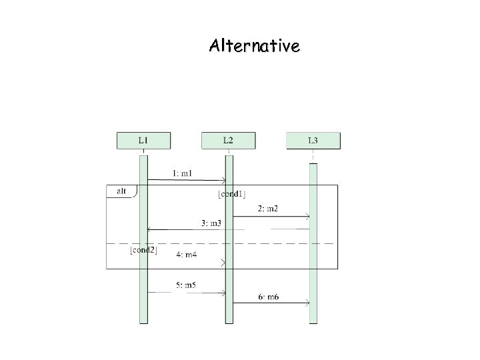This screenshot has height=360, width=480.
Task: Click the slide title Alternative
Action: point(254,46)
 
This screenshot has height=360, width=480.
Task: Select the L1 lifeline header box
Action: point(143,141)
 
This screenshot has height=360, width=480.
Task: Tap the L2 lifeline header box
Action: point(228,141)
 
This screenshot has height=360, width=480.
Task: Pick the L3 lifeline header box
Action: point(313,141)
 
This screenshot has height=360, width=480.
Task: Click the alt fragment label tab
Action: point(121,191)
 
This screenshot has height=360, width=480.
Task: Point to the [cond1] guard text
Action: point(231,194)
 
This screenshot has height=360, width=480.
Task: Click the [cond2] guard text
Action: point(143,250)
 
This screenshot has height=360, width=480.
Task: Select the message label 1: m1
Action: point(183,173)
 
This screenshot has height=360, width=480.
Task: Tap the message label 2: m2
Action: point(267,209)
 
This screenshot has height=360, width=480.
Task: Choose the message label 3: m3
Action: point(211,222)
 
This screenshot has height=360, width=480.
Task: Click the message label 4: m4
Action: point(187,255)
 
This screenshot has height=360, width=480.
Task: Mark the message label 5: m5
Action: point(187,285)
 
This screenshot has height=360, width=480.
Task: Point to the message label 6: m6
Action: point(268,297)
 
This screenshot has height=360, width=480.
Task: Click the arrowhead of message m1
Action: point(224,180)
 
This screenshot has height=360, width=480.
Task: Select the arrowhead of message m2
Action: point(307,217)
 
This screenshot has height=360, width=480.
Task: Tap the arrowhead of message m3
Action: point(149,229)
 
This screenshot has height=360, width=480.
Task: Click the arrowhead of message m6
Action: point(307,303)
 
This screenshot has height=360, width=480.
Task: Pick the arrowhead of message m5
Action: point(224,292)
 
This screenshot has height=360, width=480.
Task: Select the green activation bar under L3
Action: point(313,267)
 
